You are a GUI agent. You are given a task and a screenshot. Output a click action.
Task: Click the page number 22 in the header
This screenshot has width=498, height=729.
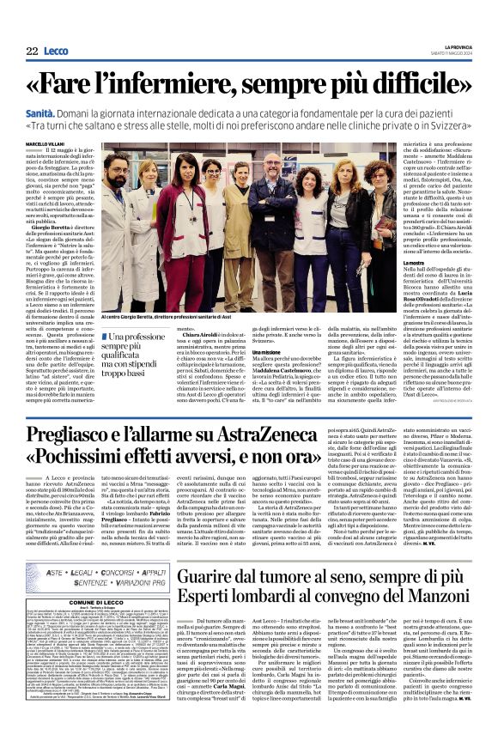pyautogui.click(x=32, y=52)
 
